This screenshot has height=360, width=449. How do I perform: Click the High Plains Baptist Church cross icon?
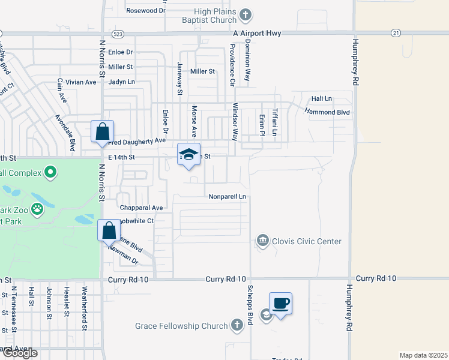coord(245,14)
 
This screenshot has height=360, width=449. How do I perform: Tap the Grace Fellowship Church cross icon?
coord(237,326)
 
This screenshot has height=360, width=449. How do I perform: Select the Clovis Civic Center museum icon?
coord(263,241)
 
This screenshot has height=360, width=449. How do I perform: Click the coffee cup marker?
coord(280,303)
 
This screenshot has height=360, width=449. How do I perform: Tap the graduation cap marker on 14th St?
coord(188,154)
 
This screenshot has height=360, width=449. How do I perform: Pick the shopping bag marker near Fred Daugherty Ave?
coord(102,131)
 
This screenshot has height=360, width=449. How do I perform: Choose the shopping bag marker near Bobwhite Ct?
coord(109,230)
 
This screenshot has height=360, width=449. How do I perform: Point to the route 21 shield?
coord(395,32)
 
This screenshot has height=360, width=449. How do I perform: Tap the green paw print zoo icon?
coord(37,210)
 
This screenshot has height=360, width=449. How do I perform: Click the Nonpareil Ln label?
coord(228,196)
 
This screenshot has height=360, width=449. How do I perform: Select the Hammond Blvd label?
coord(327,112)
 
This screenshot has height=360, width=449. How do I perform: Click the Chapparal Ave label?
coord(142,208)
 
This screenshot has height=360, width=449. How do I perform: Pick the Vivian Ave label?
coord(82,82)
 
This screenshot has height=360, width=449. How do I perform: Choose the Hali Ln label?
coord(321,98)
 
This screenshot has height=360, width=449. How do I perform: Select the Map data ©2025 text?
coord(423,355)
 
